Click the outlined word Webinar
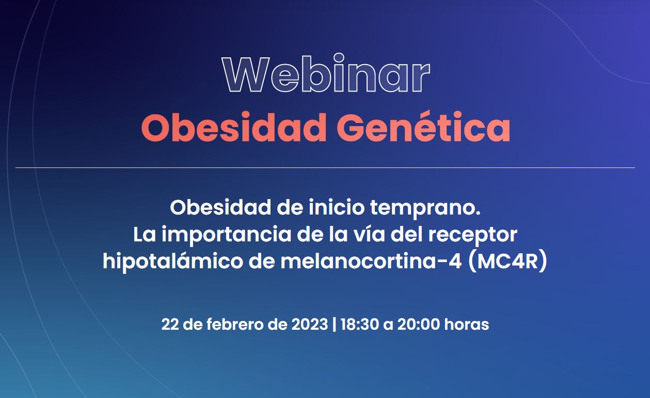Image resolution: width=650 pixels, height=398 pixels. [x=326, y=73]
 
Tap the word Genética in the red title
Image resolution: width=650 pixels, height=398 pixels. [x=423, y=128]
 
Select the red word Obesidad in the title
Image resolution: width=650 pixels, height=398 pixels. [x=234, y=128]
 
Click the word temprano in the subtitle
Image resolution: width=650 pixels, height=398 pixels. [x=425, y=208]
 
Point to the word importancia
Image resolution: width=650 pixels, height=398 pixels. [x=227, y=235]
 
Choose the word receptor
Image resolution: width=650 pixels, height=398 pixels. [x=473, y=235]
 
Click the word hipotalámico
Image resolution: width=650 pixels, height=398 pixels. [x=172, y=261]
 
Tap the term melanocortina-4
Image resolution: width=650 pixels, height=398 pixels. [x=371, y=261]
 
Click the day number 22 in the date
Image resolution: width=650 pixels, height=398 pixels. [x=170, y=324]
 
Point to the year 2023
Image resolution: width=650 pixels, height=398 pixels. [x=310, y=324]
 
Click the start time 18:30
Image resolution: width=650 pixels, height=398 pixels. [x=360, y=324]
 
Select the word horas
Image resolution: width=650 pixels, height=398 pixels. [x=467, y=324]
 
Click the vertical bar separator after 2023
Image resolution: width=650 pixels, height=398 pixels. [x=334, y=325]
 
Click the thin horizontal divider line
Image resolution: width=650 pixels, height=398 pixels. [x=325, y=167]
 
